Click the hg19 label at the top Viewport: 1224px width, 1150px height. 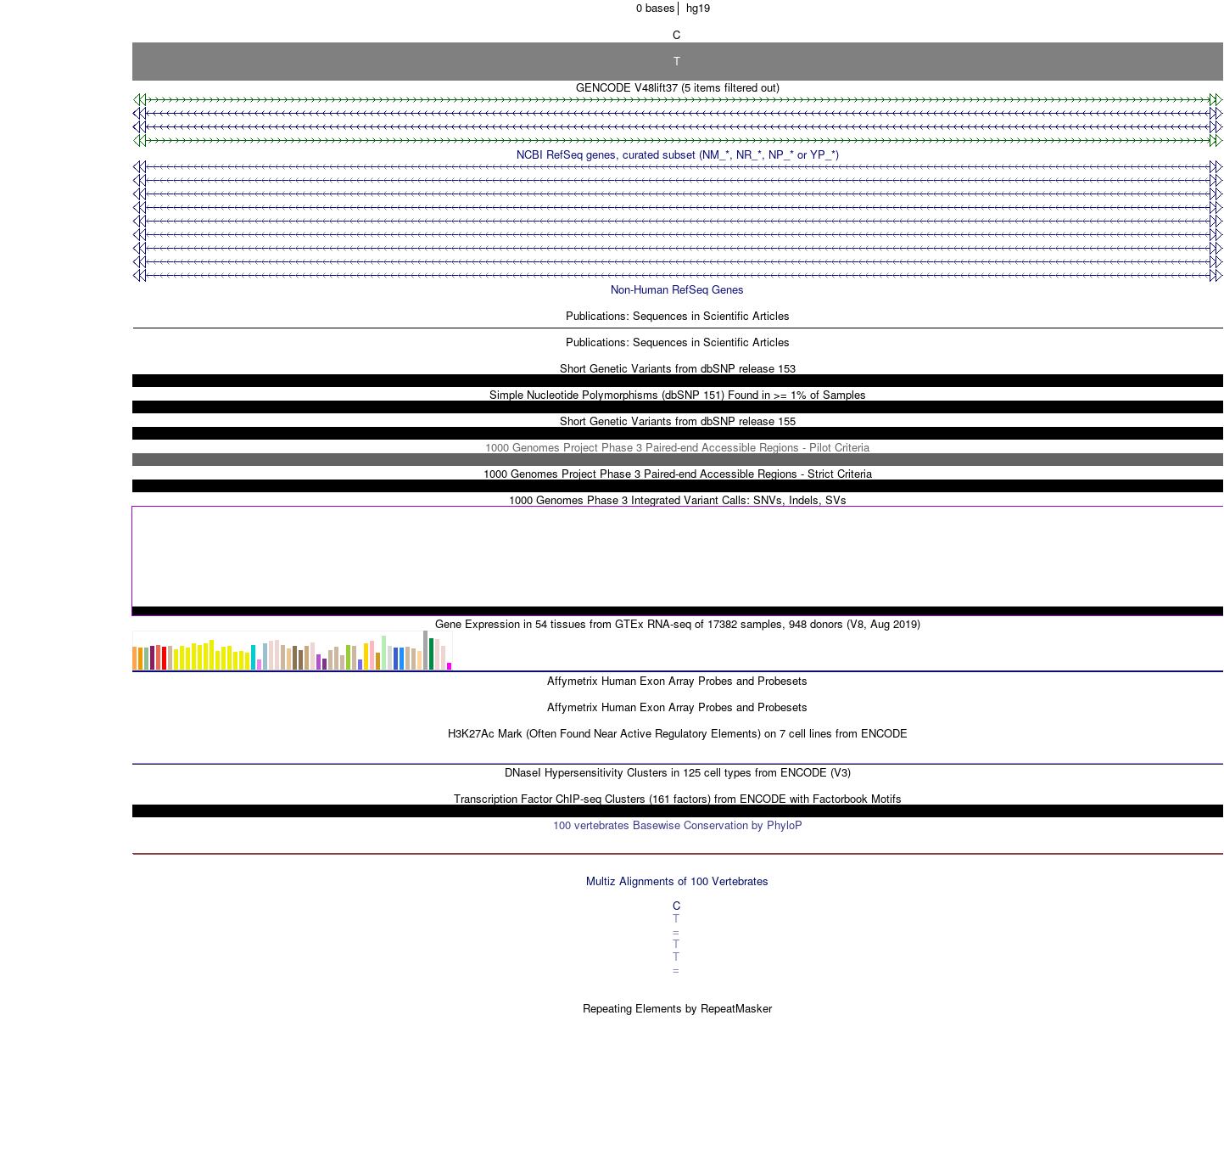point(697,8)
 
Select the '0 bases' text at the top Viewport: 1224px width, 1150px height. point(655,8)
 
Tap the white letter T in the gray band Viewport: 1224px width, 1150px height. point(676,62)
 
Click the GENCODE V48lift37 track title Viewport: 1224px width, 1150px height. point(678,88)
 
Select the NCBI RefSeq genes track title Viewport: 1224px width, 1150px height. point(678,154)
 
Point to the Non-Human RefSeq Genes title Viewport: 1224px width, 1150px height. point(677,290)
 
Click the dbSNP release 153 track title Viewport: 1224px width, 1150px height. point(678,369)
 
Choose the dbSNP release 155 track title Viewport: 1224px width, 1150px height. point(678,421)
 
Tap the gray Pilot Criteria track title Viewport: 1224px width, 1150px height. point(677,448)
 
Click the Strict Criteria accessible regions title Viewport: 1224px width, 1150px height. point(678,474)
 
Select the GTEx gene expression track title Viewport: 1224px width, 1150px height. point(678,625)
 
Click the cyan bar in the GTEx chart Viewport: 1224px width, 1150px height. point(254,658)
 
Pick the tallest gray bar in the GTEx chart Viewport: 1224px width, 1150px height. point(425,650)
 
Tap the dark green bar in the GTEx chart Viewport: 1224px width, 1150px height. point(432,654)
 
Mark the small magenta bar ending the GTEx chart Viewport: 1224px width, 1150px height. point(450,666)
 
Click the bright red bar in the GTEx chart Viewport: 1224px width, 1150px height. point(164,659)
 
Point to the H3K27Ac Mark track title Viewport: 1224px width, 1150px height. point(678,734)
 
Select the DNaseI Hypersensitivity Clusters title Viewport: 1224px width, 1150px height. point(678,773)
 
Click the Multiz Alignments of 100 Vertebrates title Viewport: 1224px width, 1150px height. point(677,882)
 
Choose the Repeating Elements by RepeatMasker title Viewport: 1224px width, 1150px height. point(678,1009)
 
